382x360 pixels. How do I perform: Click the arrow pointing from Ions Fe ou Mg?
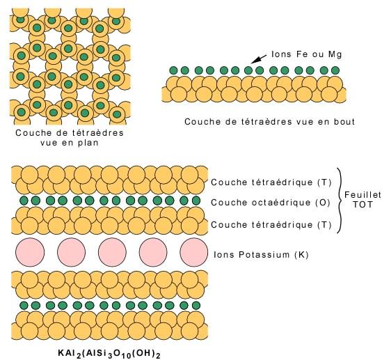click(x=259, y=59)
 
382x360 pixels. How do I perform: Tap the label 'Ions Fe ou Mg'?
click(x=307, y=54)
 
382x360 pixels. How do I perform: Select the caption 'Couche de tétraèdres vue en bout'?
click(x=269, y=121)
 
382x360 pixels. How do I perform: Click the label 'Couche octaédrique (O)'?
click(x=271, y=203)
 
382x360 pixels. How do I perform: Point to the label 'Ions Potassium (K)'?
click(x=261, y=255)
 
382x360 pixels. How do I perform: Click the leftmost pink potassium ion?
click(x=30, y=252)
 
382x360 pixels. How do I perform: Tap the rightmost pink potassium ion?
click(x=194, y=252)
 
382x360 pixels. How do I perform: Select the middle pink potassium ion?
click(x=112, y=252)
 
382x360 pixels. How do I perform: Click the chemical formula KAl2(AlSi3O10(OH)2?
click(x=109, y=354)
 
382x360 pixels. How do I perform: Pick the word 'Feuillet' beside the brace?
click(x=363, y=194)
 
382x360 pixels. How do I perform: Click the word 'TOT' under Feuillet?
click(x=363, y=204)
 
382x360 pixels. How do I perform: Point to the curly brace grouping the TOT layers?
click(x=340, y=201)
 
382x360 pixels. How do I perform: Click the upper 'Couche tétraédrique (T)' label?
click(x=271, y=182)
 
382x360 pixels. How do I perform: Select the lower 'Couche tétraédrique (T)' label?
click(x=271, y=224)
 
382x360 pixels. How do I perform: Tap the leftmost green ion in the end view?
click(x=173, y=70)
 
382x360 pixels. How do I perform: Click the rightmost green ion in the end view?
click(x=335, y=70)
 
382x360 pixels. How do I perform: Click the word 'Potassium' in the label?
click(x=264, y=254)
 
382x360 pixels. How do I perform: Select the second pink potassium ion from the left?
click(x=72, y=252)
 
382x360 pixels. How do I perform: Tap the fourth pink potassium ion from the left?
click(x=153, y=252)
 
